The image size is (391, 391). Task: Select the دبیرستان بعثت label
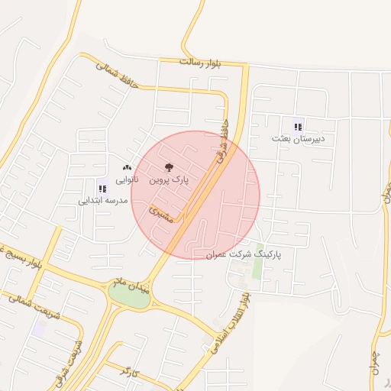click(x=298, y=139)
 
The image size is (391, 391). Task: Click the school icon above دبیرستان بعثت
click(x=298, y=127)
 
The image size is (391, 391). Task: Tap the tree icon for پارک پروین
click(x=169, y=168)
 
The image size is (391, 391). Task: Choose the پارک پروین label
click(x=168, y=180)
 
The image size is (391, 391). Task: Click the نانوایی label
click(x=127, y=179)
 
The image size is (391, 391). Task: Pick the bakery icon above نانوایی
click(x=127, y=167)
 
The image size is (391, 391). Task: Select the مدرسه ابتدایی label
click(x=101, y=201)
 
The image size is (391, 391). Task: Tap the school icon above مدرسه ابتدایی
click(x=102, y=189)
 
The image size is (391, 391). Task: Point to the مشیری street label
click(x=161, y=214)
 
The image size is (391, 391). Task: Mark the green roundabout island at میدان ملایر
click(x=130, y=297)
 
